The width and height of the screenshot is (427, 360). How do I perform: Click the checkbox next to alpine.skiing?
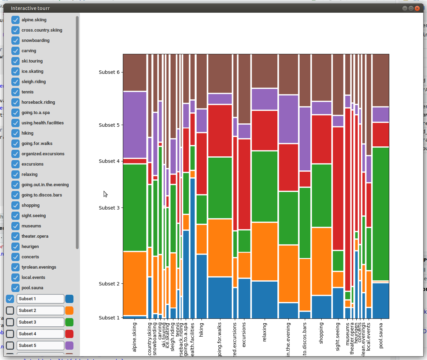[15, 20]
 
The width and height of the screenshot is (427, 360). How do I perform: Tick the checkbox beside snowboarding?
[15, 41]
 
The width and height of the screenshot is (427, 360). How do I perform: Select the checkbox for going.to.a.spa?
[15, 113]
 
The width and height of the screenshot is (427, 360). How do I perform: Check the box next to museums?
[15, 226]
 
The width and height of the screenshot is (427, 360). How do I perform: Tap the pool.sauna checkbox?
[15, 288]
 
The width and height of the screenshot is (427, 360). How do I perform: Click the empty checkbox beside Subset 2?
[10, 311]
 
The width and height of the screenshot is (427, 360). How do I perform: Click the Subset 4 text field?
[40, 334]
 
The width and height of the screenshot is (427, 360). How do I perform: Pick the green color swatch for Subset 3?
[69, 322]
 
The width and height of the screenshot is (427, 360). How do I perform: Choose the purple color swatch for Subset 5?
[69, 346]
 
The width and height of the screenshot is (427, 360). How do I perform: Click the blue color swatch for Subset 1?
[69, 299]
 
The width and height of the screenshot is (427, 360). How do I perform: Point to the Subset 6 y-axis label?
[109, 72]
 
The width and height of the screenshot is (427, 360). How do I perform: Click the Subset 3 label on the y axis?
[109, 208]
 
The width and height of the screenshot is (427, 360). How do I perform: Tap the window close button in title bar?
[417, 8]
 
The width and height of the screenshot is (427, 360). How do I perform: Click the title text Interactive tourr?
[30, 8]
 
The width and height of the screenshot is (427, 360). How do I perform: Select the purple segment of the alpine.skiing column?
[135, 125]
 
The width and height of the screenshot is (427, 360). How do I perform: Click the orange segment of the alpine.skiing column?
[135, 283]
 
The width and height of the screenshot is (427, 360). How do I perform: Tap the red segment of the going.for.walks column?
[220, 131]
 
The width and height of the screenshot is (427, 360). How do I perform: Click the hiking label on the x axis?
[201, 330]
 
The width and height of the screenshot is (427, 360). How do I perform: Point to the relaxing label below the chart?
[264, 332]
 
